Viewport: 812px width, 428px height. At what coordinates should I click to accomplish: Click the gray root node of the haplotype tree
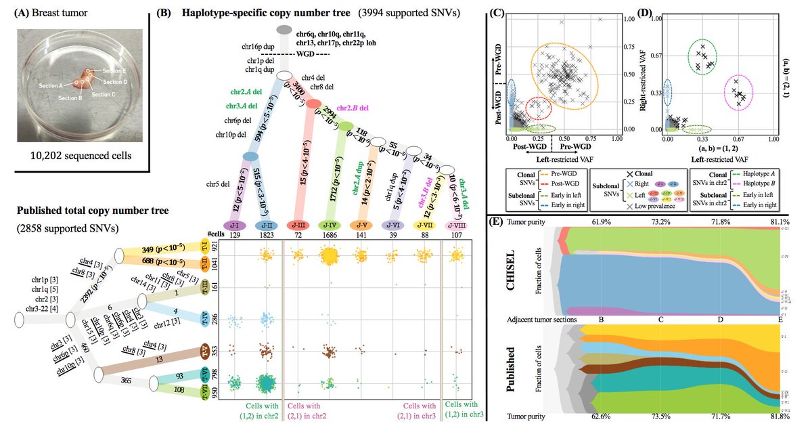click(285, 30)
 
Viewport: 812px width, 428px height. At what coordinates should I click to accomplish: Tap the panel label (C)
click(497, 12)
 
